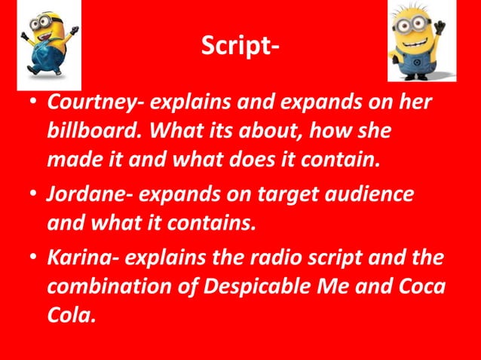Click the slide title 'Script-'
tap(240, 48)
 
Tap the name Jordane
tap(79, 193)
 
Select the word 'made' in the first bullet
tap(72, 161)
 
